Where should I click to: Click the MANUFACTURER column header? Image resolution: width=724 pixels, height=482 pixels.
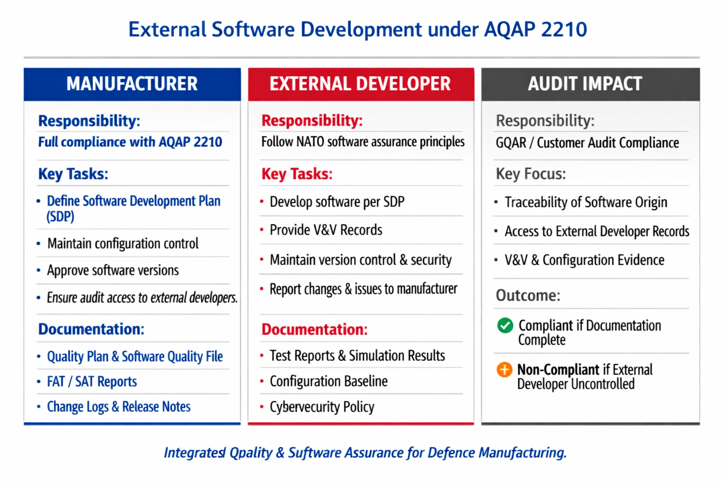click(132, 84)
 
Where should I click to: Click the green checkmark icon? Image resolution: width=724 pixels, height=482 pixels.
click(505, 325)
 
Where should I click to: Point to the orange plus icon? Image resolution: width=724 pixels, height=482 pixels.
click(504, 370)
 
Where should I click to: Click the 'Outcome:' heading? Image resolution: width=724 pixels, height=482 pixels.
click(528, 296)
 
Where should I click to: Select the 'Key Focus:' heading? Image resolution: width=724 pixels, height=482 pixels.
click(531, 174)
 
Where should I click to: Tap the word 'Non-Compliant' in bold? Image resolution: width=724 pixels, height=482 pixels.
click(558, 370)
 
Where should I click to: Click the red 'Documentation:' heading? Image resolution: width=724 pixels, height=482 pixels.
click(314, 329)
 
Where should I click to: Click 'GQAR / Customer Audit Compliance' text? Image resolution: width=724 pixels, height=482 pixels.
click(587, 143)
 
